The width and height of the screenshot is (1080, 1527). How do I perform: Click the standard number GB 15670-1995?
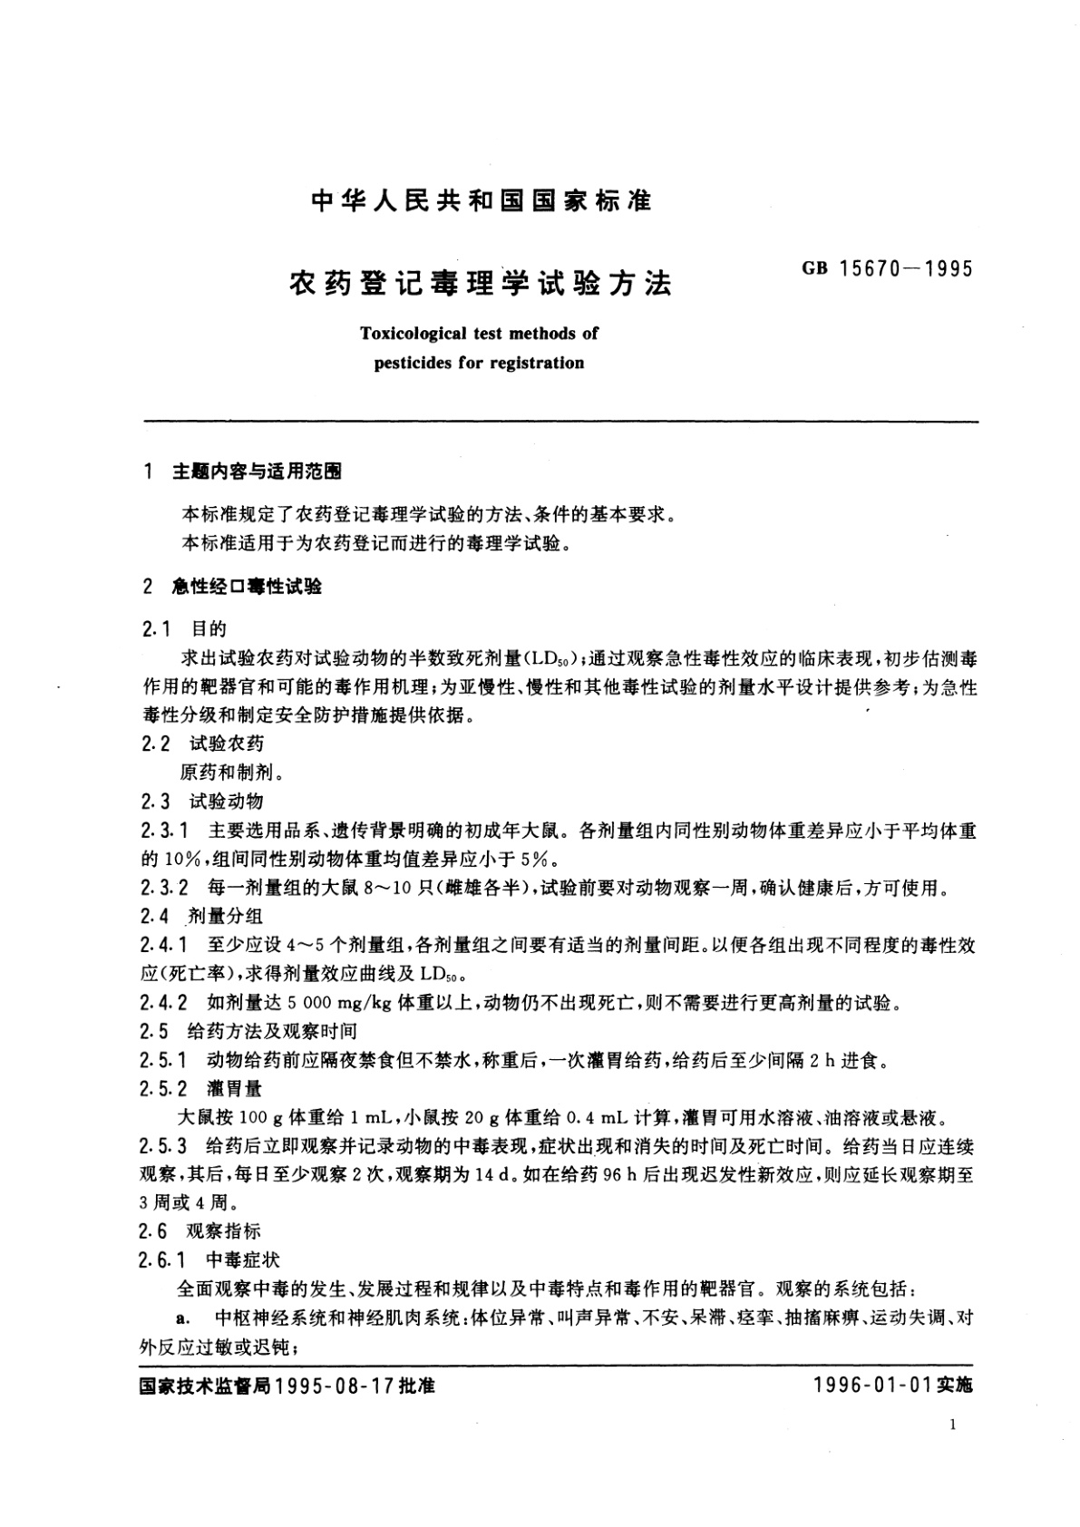(887, 269)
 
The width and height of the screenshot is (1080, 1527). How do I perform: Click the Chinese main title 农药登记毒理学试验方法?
(481, 284)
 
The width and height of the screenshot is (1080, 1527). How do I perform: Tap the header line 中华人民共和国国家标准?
(482, 201)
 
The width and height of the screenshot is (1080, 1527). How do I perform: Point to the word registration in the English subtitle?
(537, 363)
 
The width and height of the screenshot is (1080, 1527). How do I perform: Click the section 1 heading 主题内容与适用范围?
(258, 472)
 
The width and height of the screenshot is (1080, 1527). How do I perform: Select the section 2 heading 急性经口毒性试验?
(247, 587)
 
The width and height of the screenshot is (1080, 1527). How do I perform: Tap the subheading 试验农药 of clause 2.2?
(227, 744)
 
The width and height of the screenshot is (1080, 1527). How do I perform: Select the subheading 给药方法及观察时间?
(272, 1031)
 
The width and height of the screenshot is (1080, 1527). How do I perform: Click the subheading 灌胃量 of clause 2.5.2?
(234, 1088)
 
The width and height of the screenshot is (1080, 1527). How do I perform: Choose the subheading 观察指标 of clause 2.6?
(224, 1230)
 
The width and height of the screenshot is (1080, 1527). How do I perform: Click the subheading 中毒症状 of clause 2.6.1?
(243, 1260)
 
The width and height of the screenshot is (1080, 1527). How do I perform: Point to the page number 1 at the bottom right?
(952, 1425)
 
